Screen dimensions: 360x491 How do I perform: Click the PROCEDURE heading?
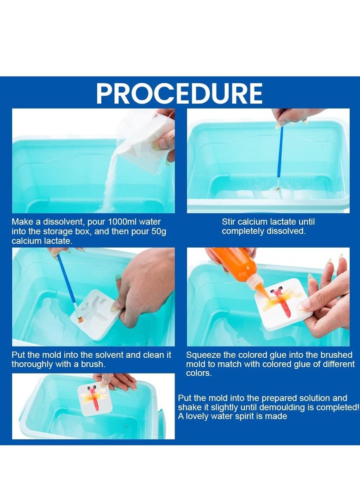click(179, 93)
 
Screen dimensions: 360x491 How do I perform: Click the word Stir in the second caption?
click(229, 222)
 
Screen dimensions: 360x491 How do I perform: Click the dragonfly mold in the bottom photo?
click(94, 398)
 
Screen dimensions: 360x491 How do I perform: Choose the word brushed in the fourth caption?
click(335, 356)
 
